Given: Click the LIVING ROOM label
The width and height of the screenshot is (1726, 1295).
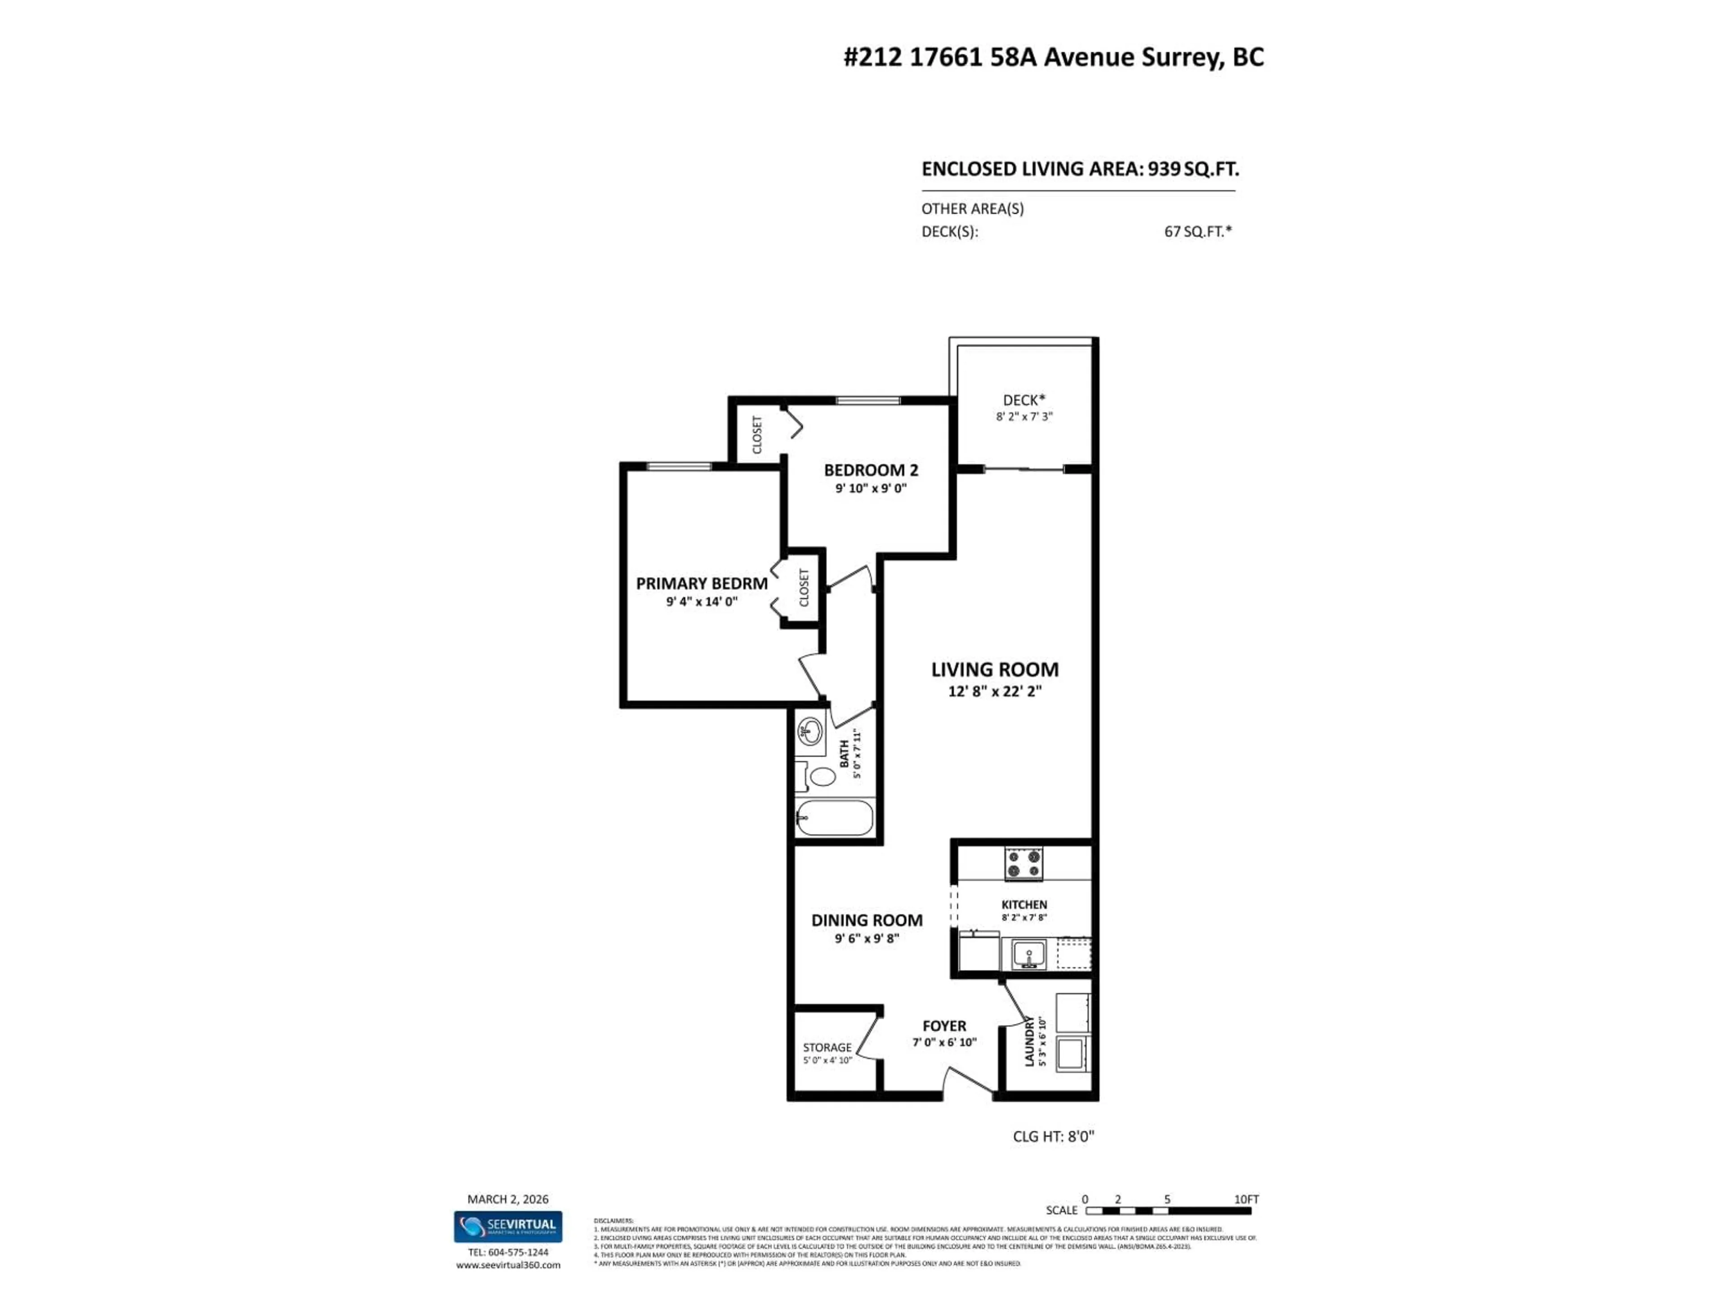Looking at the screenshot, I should click(x=994, y=670).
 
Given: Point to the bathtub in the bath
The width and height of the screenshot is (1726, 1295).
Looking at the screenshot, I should click(x=834, y=818).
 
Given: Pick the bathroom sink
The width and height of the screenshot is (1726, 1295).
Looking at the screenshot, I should click(x=811, y=732).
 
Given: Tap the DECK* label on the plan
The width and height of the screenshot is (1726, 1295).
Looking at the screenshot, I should click(x=1024, y=401).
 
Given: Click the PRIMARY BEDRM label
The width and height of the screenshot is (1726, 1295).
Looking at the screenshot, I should click(x=702, y=583).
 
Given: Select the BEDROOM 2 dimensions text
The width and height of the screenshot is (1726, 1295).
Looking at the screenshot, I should click(x=871, y=489).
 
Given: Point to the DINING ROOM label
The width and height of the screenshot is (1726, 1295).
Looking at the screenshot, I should click(x=867, y=920).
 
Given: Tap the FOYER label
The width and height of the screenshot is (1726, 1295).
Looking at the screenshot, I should click(x=944, y=1026).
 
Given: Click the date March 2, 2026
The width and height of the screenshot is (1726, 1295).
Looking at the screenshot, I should click(x=508, y=1199).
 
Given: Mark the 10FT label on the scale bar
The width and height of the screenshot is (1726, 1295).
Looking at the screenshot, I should click(x=1246, y=1199).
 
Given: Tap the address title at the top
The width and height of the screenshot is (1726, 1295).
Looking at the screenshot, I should click(x=1054, y=58).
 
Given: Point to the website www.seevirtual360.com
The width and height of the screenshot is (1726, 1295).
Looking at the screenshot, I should click(x=508, y=1264).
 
